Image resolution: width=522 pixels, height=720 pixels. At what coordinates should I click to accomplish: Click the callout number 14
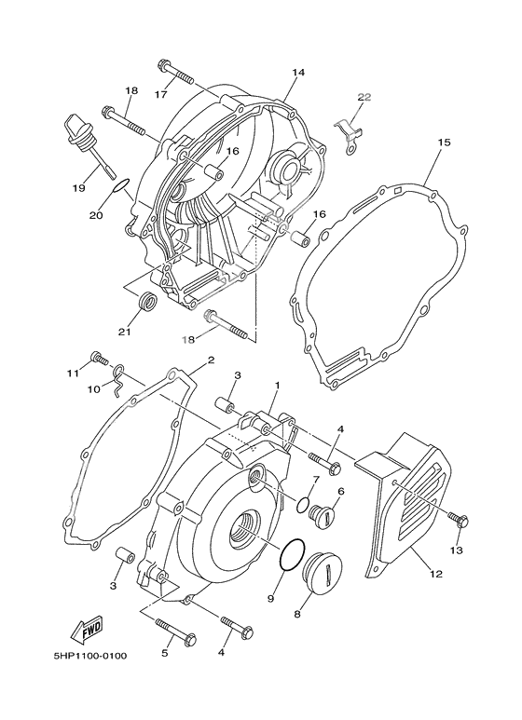coord(298,73)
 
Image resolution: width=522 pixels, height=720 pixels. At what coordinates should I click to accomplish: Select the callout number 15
coord(444,143)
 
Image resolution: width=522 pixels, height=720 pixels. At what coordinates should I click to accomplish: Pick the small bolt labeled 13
coord(459,518)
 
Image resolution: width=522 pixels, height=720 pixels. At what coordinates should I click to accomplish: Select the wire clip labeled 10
coord(117,377)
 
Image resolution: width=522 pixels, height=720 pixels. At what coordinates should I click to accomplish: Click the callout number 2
coord(211,360)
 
